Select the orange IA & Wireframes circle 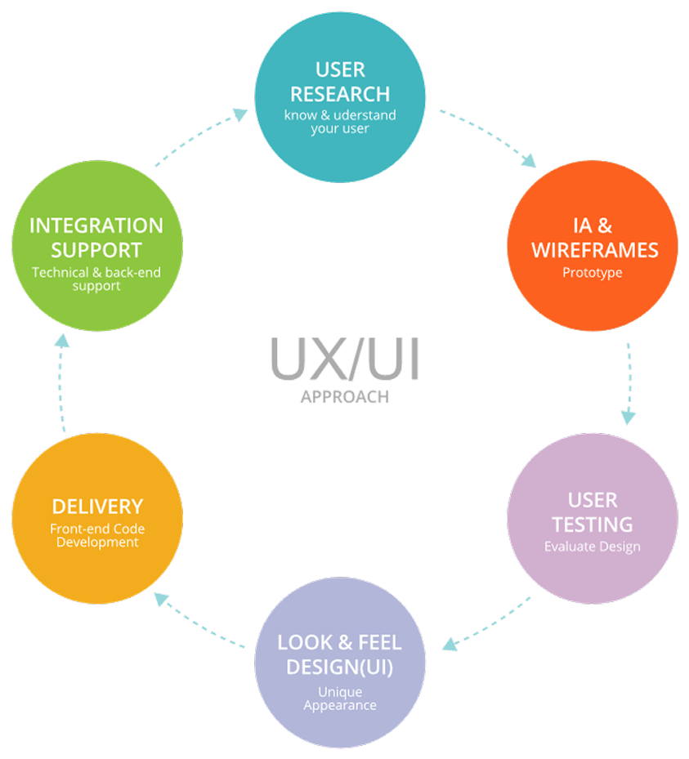593,246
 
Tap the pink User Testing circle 593,519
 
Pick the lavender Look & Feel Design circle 340,663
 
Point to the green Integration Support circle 97,246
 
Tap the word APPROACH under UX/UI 344,397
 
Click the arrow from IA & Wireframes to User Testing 629,382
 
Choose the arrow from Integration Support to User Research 201,139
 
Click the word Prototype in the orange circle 593,273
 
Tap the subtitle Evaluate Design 593,546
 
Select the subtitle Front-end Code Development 97,535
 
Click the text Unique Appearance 340,699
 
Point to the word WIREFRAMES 593,250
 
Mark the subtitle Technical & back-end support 97,279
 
